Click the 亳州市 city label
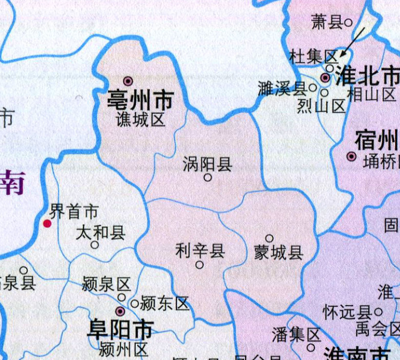pos(141,100)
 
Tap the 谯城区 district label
pos(141,120)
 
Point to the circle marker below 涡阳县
pos(207,177)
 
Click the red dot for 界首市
pos(48,224)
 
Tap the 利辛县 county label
pos(200,251)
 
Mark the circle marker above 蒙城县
pos(270,239)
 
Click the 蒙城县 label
pos(279,252)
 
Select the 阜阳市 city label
pos(121,330)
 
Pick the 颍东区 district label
pos(165,304)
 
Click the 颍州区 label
pos(124,350)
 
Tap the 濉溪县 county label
pos(281,89)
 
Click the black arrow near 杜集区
pos(352,42)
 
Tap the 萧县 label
pos(327,22)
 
